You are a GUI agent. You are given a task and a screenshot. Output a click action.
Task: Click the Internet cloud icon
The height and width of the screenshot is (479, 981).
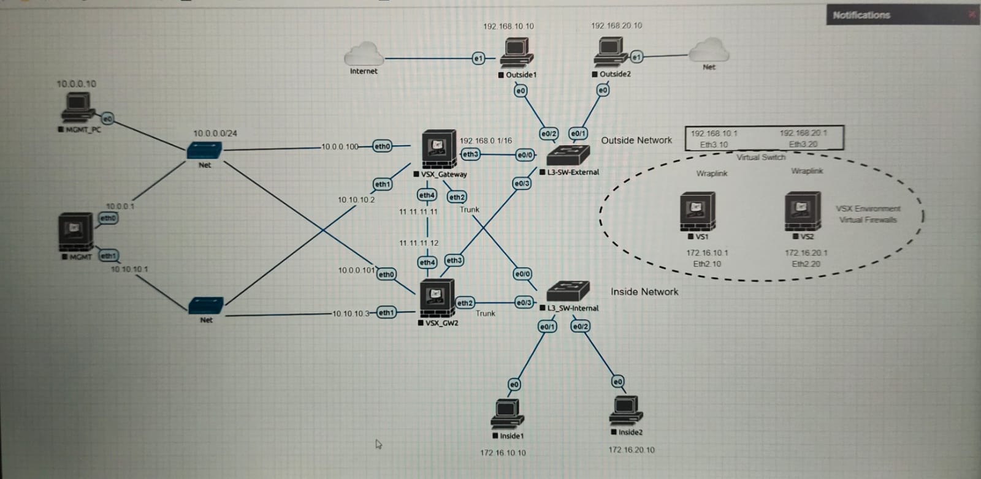364,54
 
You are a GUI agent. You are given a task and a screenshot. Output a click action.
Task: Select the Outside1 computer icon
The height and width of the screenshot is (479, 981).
516,53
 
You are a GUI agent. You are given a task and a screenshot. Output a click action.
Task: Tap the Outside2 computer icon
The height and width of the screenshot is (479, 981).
611,52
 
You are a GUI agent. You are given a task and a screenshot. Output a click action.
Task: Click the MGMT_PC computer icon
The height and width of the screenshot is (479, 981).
77,110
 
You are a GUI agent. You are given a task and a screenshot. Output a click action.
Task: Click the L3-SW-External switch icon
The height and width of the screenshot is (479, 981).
568,156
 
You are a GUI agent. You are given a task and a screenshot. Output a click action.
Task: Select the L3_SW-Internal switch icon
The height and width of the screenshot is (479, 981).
568,292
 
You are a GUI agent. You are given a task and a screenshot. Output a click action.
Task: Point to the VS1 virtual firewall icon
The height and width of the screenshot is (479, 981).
697,212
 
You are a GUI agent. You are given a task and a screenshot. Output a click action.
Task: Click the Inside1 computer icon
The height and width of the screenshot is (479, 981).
507,414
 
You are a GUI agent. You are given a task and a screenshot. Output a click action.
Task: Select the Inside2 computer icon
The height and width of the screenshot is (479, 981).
625,411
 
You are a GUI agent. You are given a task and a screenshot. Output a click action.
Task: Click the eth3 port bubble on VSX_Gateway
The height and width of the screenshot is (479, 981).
470,154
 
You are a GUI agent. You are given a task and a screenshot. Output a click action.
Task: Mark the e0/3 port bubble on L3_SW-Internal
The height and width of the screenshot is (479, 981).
524,303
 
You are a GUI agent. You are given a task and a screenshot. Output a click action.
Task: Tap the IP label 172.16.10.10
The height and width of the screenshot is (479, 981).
503,453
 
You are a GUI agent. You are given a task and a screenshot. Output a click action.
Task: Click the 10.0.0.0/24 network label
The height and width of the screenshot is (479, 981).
215,133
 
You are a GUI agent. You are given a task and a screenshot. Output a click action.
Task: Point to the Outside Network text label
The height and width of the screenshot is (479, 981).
636,140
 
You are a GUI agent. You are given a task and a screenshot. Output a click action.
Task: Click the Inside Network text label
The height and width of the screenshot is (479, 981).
644,292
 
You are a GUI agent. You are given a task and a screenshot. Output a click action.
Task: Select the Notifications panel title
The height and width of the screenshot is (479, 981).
861,15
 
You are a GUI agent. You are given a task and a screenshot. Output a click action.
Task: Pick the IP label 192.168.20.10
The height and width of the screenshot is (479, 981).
616,26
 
